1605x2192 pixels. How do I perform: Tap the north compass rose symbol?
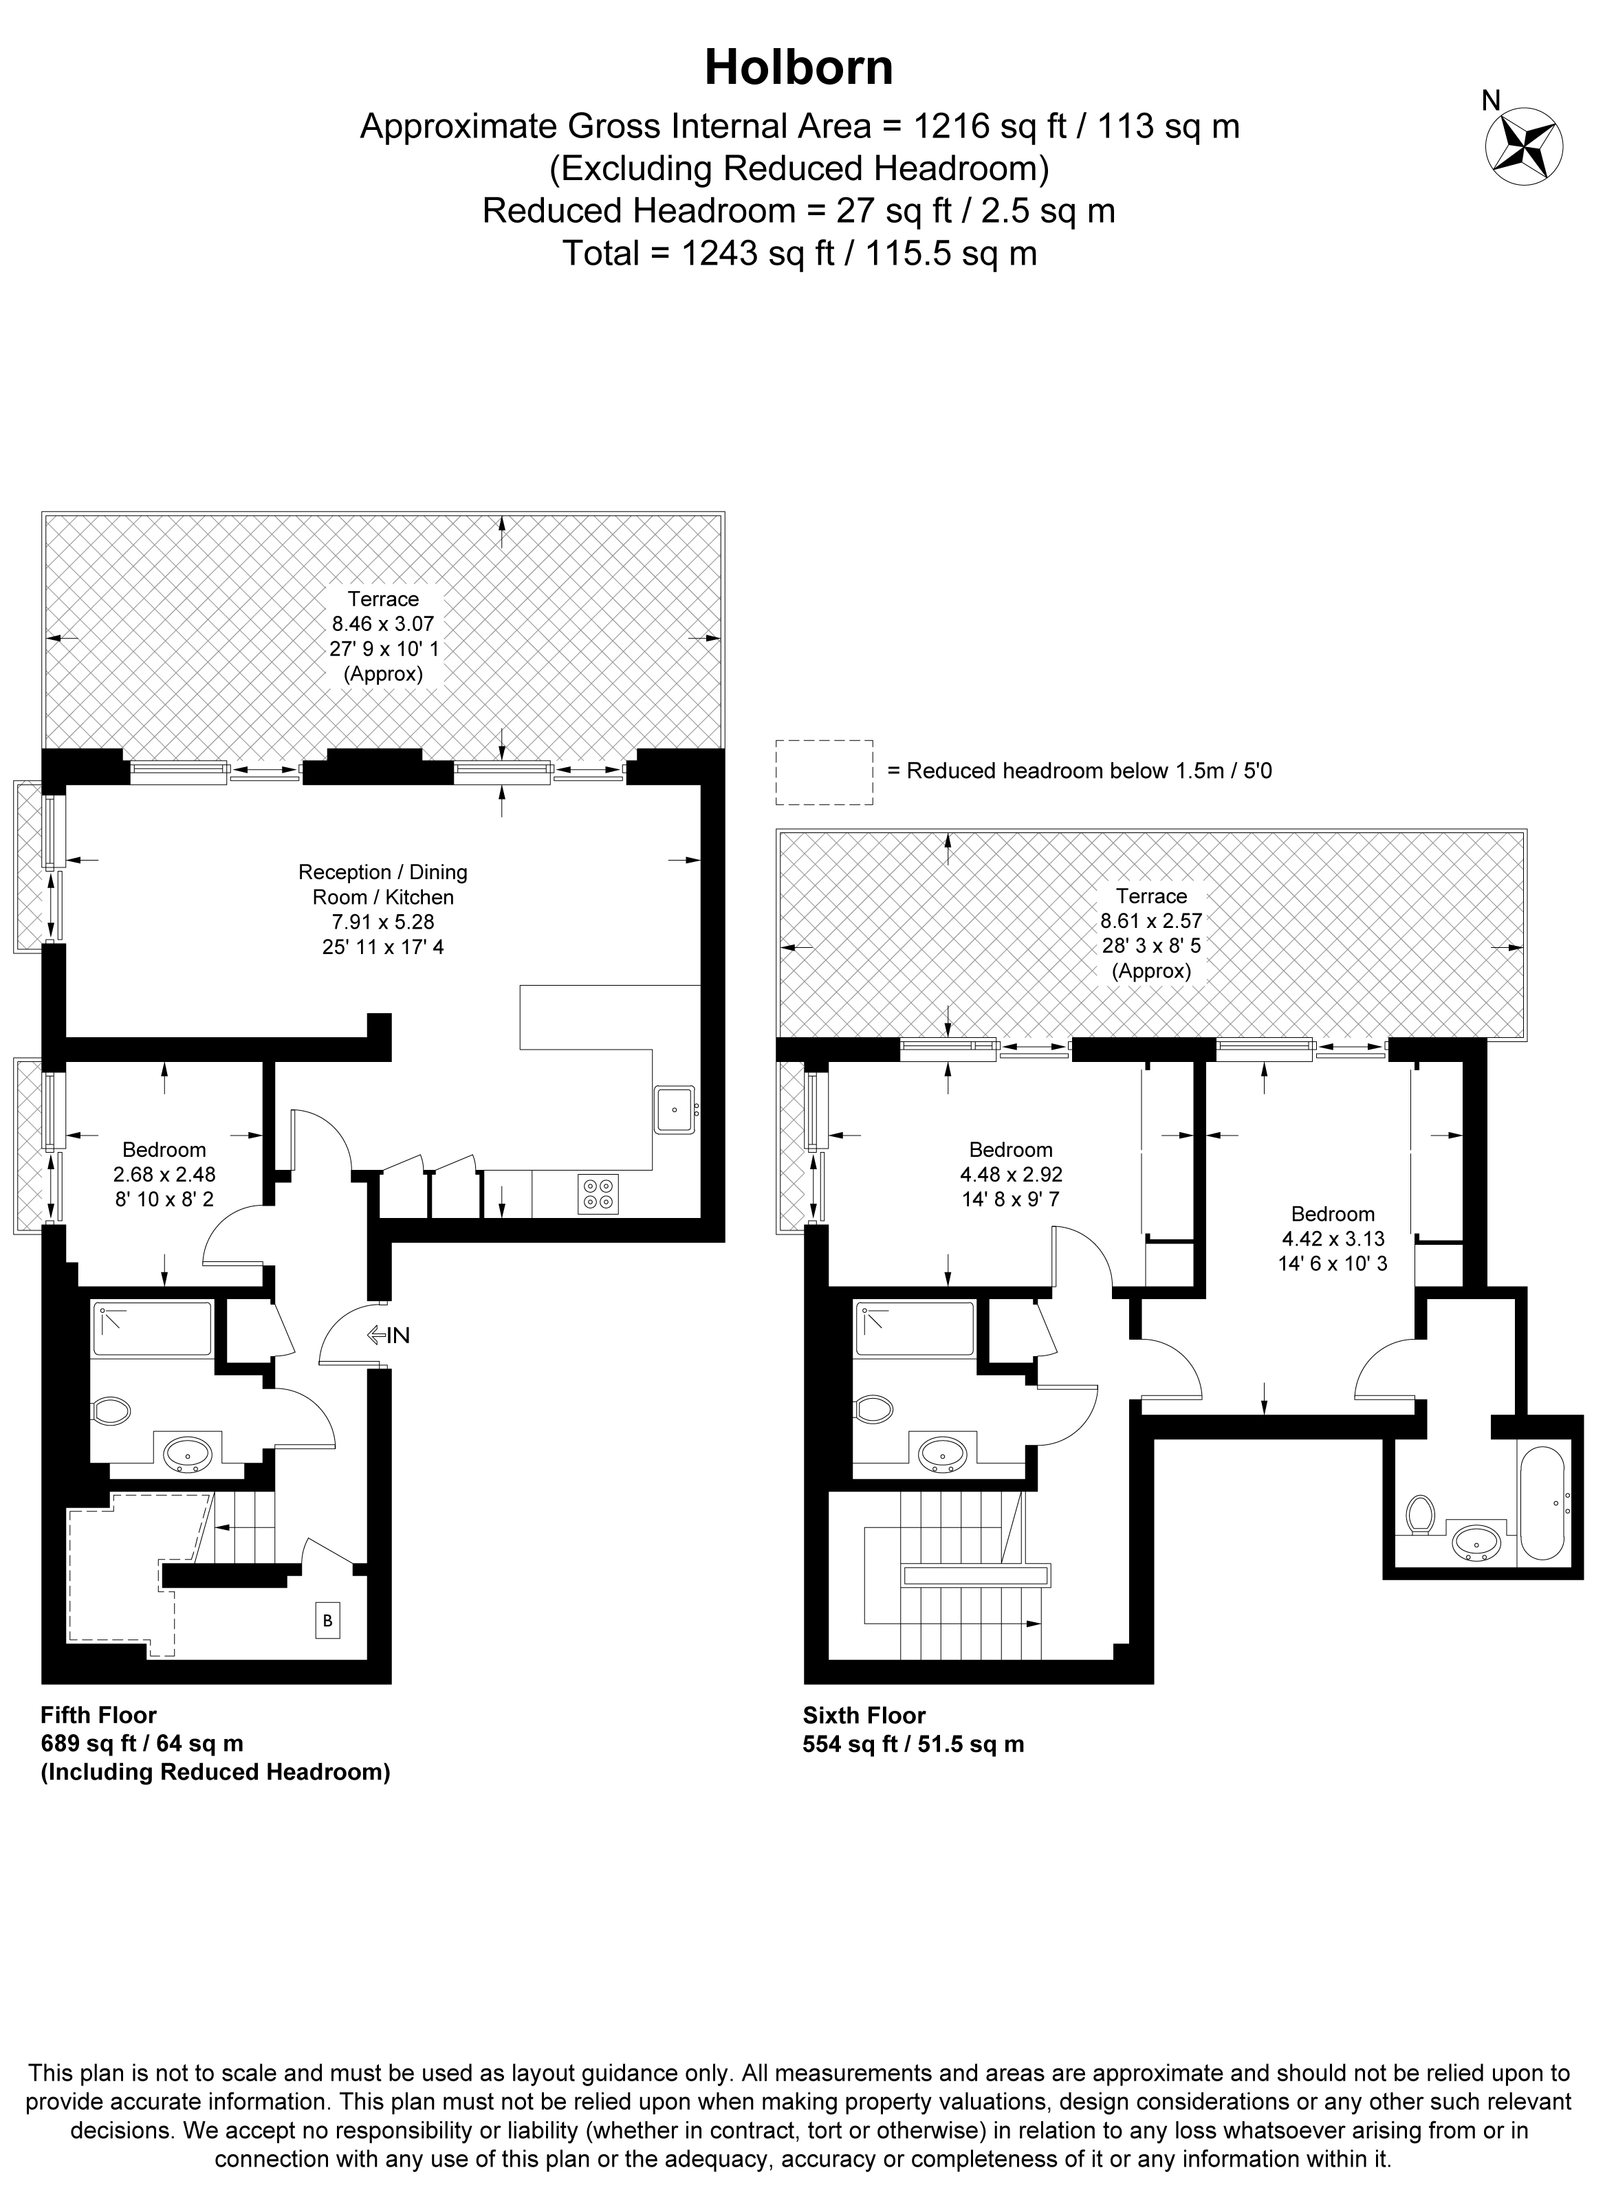1523,146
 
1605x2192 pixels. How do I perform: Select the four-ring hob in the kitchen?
598,1194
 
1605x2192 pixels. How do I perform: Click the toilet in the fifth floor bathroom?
111,1410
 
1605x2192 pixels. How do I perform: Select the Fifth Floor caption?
98,1714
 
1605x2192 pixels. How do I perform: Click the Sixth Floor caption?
864,1714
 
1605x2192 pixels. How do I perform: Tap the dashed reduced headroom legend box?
824,772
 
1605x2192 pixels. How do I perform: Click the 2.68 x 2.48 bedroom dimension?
164,1174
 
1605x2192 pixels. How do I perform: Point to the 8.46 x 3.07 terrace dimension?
383,623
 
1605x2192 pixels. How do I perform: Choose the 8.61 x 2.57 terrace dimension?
1151,920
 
